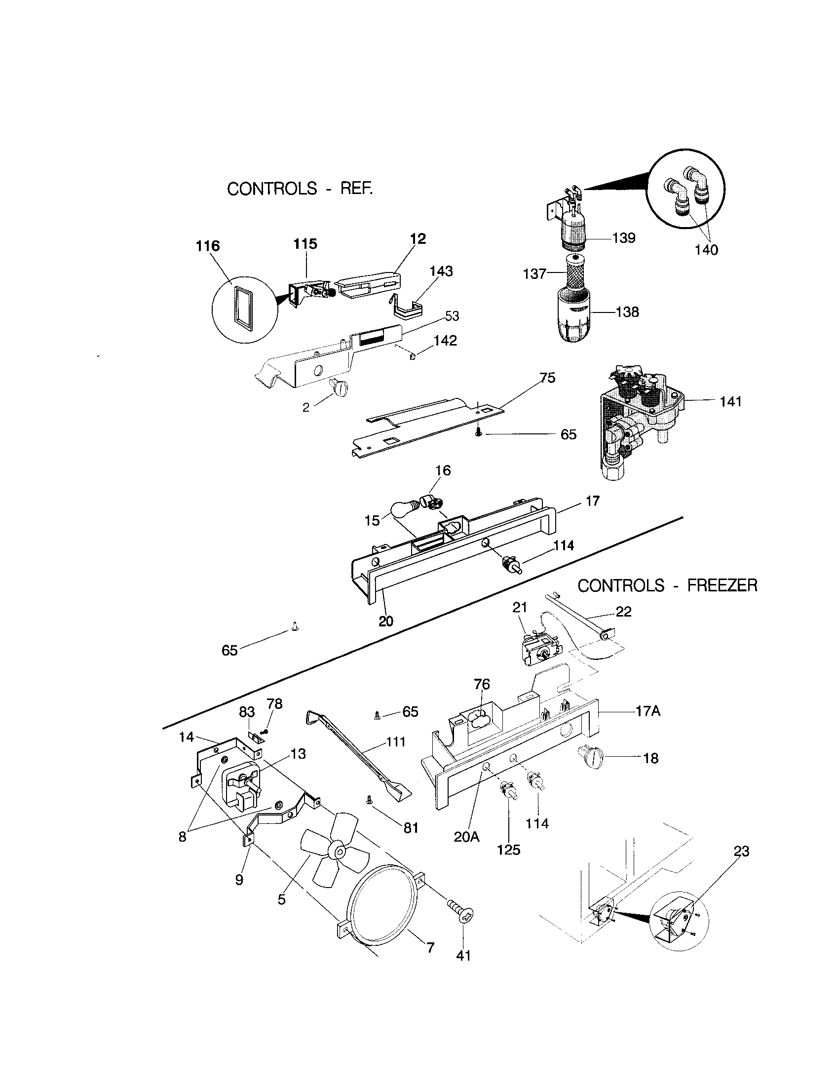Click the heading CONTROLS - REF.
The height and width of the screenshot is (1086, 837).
pos(300,189)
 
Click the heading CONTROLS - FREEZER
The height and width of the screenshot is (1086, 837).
pos(667,586)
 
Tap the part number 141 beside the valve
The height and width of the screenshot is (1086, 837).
pos(730,401)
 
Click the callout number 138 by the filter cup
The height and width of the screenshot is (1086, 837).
pos(627,312)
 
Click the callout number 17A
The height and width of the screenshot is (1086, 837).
pos(647,711)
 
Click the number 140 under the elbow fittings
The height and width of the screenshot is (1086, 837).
pos(706,250)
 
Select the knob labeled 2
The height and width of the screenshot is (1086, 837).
pos(340,386)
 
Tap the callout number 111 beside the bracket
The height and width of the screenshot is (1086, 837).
pos(396,742)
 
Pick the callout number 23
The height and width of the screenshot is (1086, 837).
pos(741,852)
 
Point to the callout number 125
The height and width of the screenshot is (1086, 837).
pos(508,850)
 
